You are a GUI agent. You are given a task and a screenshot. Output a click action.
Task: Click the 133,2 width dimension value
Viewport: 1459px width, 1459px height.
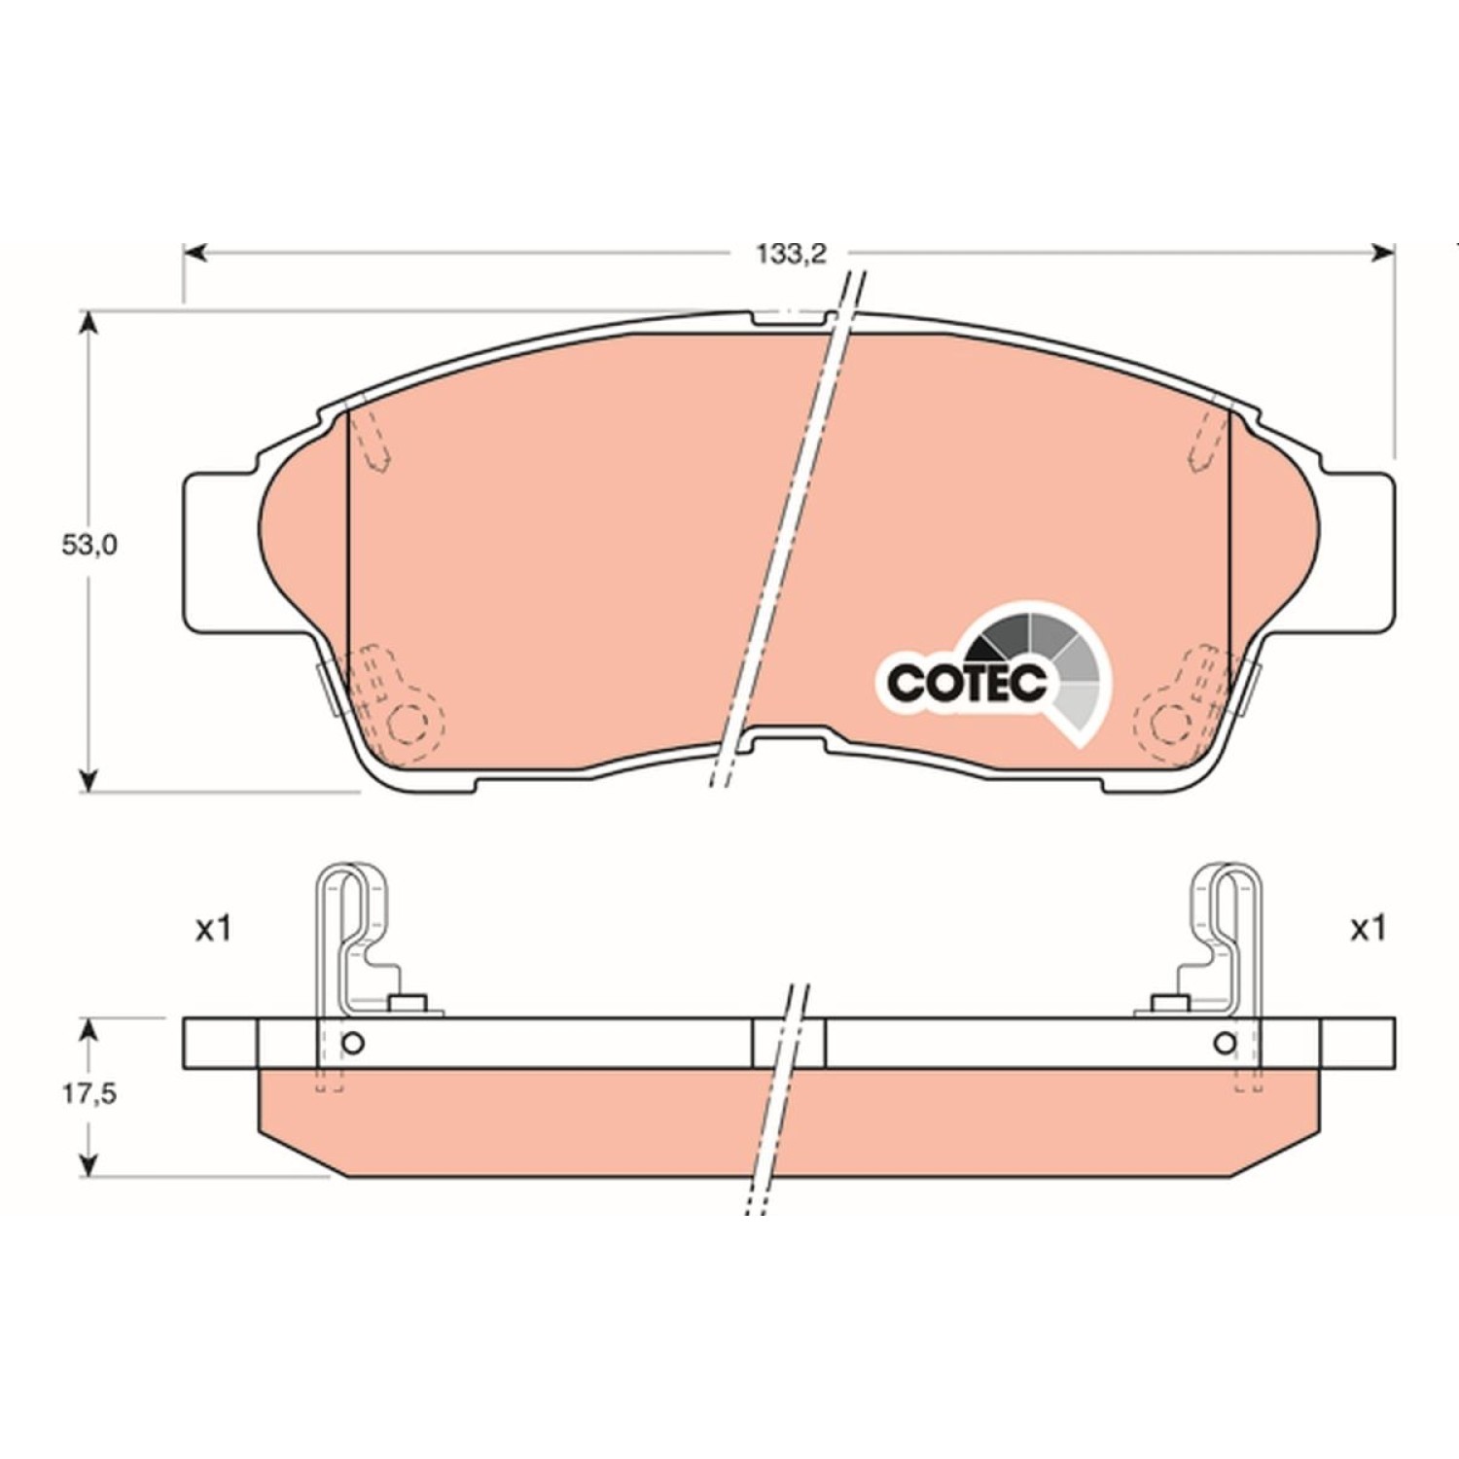click(791, 254)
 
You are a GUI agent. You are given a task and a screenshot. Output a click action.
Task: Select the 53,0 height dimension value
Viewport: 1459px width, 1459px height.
click(89, 546)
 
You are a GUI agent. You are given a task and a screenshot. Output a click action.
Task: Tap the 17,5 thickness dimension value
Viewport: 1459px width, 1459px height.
click(89, 1094)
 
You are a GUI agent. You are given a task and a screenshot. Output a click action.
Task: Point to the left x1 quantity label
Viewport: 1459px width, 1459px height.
click(213, 930)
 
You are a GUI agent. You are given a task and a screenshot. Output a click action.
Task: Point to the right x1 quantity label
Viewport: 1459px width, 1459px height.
click(1367, 930)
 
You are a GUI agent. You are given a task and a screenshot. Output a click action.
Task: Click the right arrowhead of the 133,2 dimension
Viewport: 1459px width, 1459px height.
click(1383, 254)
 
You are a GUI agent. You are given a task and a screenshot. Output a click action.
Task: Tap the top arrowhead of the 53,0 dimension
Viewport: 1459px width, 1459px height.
click(89, 324)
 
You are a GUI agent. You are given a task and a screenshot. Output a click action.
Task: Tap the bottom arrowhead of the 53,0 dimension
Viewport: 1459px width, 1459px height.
click(89, 778)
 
